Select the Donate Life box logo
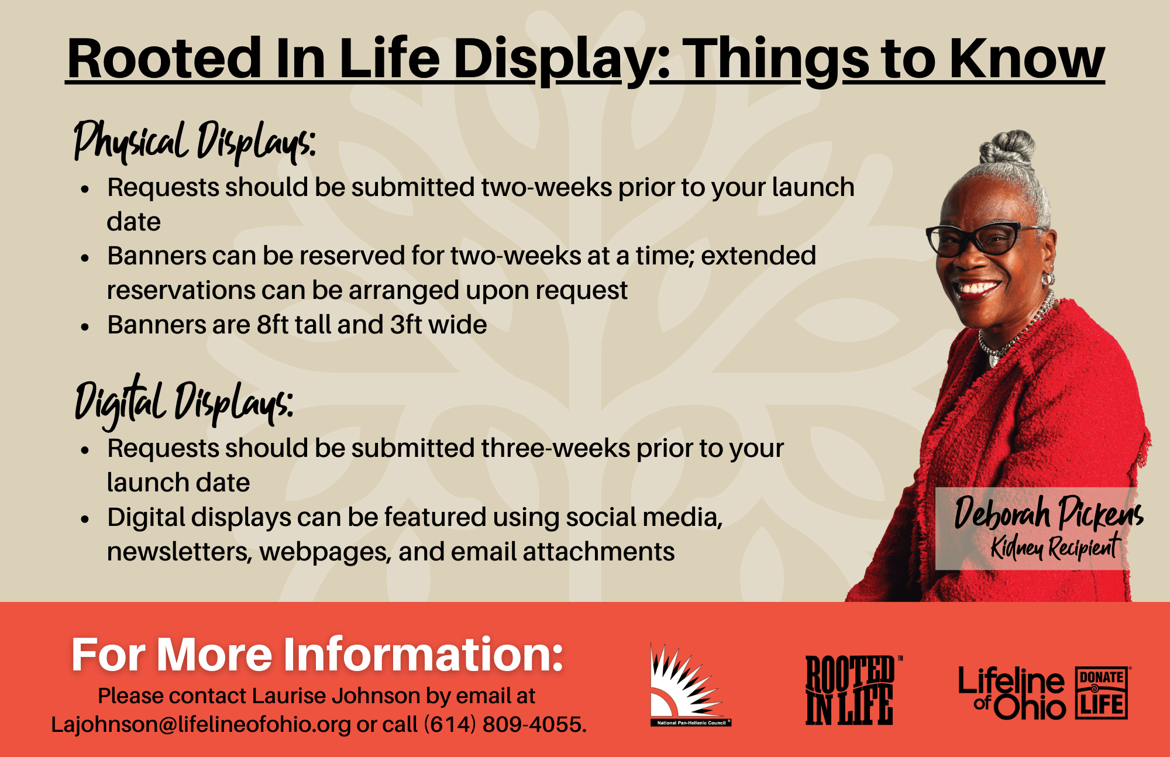[1102, 693]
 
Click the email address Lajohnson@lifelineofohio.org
[201, 724]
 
